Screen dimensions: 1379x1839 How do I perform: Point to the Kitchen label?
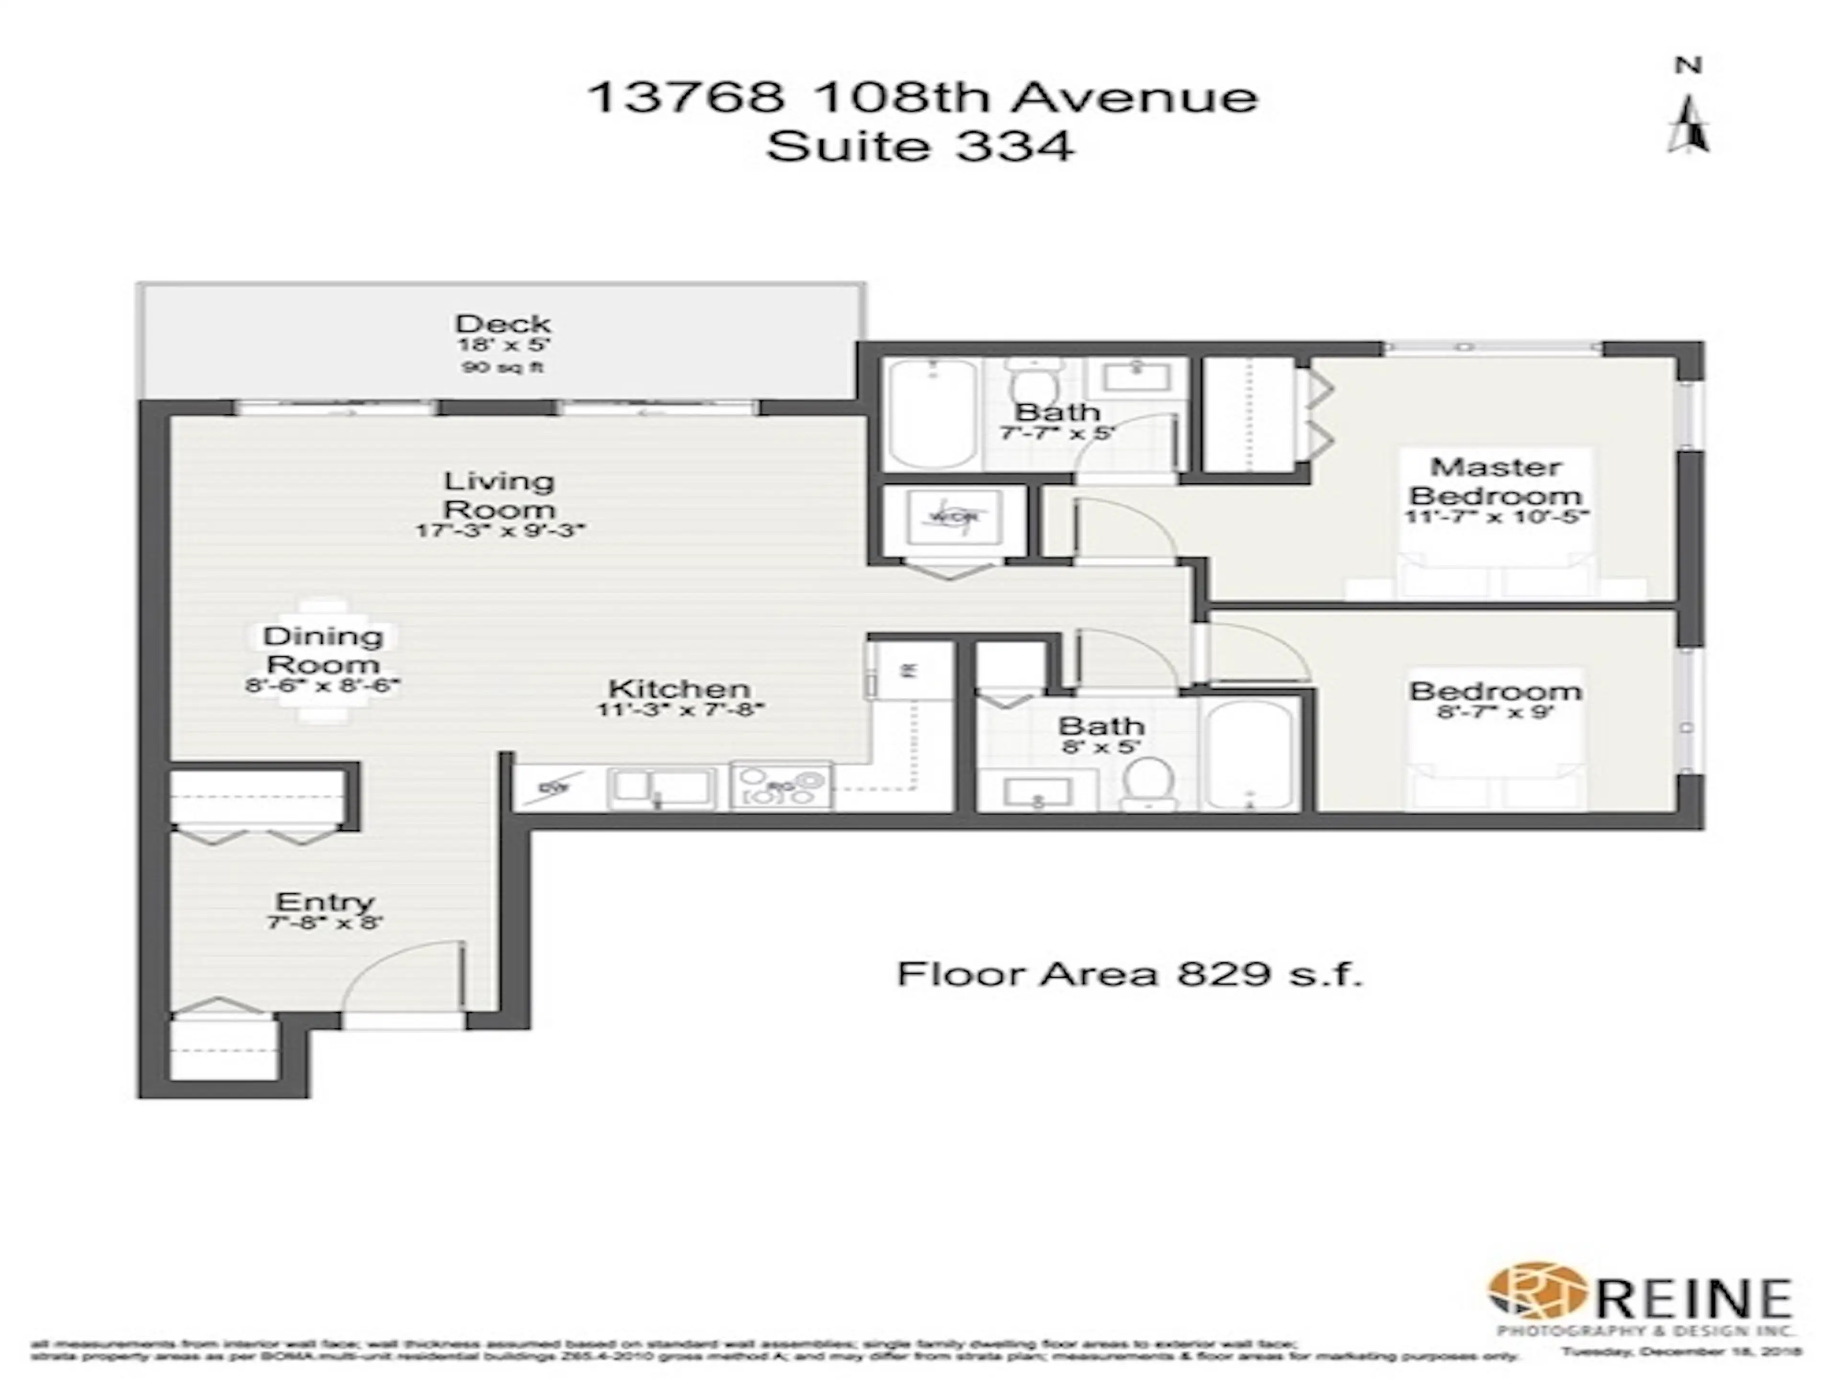click(x=679, y=689)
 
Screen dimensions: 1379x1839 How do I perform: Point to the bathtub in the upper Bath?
click(x=932, y=413)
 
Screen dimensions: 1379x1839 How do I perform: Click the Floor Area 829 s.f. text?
click(x=1129, y=973)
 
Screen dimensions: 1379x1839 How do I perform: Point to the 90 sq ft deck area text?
click(x=502, y=367)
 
